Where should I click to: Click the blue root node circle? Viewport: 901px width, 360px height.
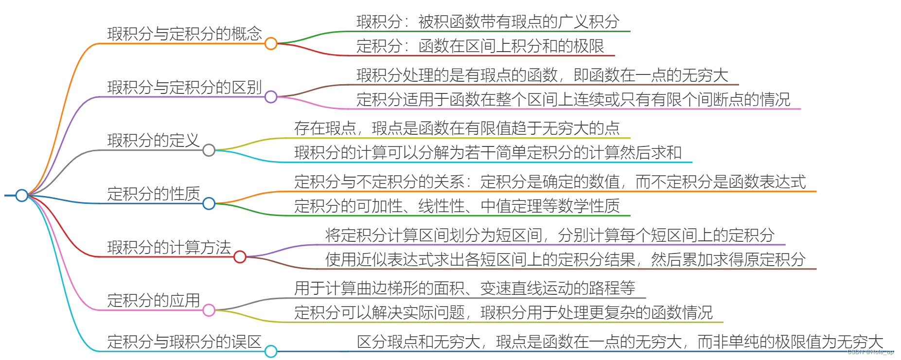point(21,195)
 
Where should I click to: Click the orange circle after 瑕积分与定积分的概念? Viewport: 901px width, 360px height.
point(271,43)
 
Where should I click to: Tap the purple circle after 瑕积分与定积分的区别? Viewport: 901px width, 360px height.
point(271,97)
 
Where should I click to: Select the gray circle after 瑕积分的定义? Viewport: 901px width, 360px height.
point(209,150)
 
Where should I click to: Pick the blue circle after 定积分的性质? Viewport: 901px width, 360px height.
point(209,203)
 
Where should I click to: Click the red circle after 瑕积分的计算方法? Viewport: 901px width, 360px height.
point(240,256)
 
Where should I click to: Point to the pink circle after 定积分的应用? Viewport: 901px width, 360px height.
point(209,310)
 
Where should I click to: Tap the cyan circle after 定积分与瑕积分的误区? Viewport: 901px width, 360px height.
point(271,351)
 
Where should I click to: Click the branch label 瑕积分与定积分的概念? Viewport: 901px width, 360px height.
point(184,34)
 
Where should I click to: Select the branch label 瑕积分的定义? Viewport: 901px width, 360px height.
point(153,141)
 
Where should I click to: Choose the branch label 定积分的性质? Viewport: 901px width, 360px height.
point(153,194)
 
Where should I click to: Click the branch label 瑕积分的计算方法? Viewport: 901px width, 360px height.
point(169,247)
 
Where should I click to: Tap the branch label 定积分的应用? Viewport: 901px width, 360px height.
point(153,300)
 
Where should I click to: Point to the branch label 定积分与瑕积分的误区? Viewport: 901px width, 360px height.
point(184,342)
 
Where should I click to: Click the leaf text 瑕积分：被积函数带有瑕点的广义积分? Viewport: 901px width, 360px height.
point(488,21)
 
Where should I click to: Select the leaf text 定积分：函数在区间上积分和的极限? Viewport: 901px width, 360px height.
point(480,46)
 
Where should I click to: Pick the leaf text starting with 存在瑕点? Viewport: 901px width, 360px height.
point(457,128)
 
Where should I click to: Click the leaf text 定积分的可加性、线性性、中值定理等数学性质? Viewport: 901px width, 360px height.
point(457,206)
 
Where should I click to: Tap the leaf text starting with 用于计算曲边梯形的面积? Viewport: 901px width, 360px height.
point(464,288)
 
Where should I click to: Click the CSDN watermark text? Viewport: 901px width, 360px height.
point(870,352)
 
